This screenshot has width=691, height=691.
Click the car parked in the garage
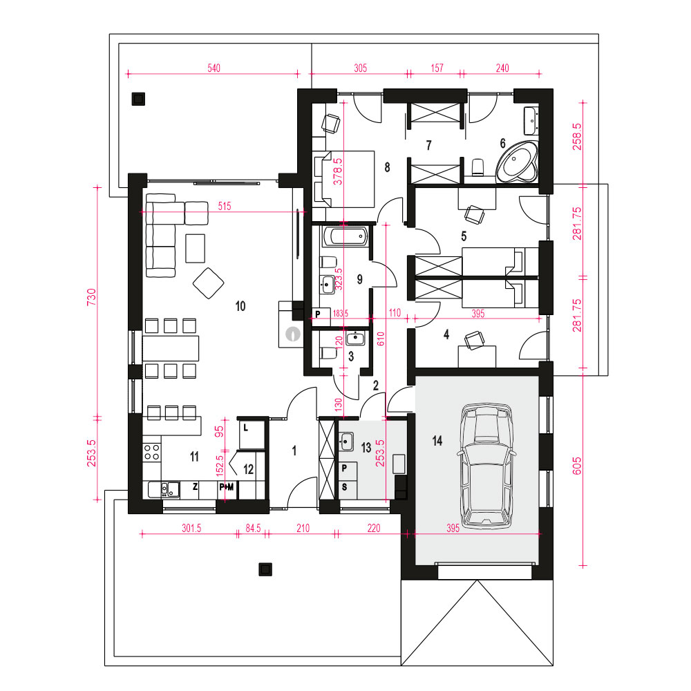(486, 465)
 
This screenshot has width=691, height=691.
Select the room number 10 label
(240, 306)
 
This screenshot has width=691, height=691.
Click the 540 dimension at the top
(214, 68)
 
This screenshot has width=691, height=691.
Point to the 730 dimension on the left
(91, 297)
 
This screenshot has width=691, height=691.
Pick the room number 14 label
(437, 441)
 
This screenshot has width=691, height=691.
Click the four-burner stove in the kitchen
(151, 451)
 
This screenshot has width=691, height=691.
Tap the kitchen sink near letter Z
(164, 490)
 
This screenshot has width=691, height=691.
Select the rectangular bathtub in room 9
(345, 237)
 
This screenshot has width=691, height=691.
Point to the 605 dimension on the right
(577, 466)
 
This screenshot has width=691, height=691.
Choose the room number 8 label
(387, 167)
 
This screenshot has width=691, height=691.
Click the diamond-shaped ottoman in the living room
(209, 283)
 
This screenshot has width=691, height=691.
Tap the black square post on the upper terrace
(138, 99)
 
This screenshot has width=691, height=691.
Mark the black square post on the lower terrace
(265, 569)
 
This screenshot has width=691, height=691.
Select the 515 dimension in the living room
(225, 206)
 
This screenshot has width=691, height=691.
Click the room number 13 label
(366, 448)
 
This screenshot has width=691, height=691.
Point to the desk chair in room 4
(474, 340)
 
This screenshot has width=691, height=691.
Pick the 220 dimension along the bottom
(374, 528)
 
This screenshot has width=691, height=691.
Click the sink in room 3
(355, 339)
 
